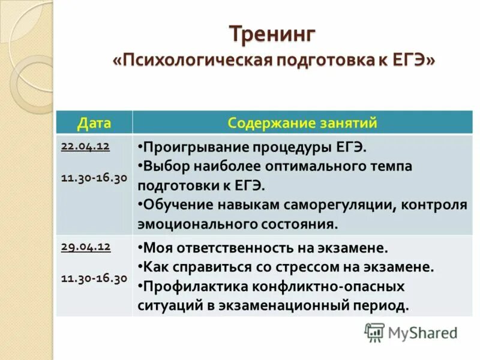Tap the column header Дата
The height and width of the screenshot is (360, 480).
(x=94, y=123)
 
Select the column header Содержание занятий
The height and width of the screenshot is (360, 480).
(x=302, y=123)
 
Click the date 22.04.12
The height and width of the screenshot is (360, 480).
(x=85, y=146)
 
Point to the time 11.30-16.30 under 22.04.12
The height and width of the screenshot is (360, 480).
(x=94, y=178)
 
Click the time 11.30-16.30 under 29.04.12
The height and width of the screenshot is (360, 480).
(x=94, y=278)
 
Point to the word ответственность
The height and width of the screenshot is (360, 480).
(x=233, y=247)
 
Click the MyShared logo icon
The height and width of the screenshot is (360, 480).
(x=374, y=332)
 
